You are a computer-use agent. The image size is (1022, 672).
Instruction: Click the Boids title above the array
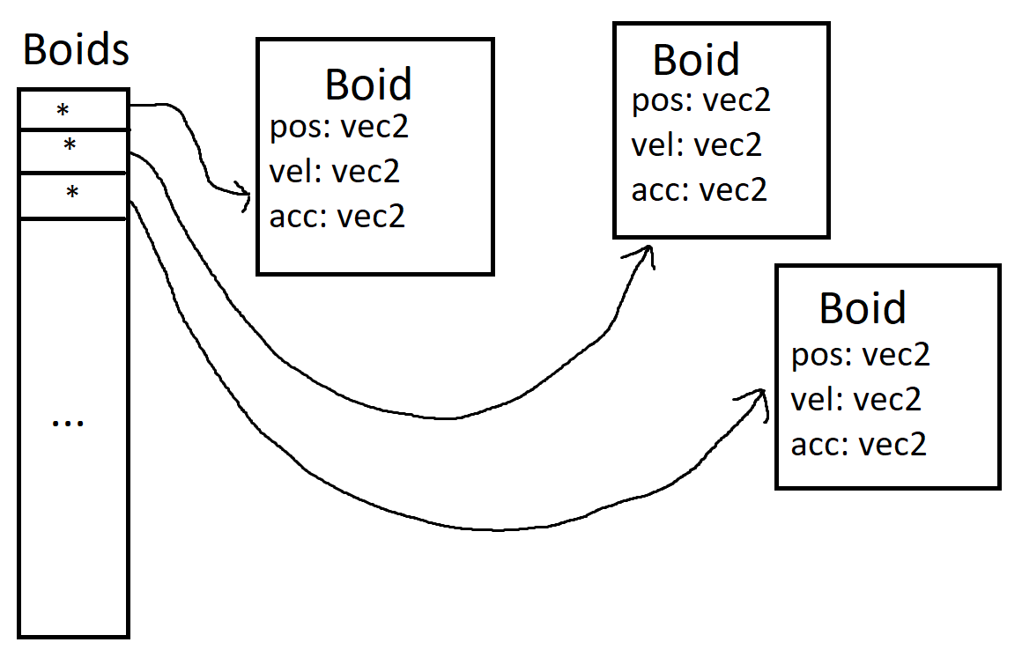click(76, 50)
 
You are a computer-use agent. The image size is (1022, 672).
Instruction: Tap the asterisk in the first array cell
click(63, 111)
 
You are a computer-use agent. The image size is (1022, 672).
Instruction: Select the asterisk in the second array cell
click(69, 145)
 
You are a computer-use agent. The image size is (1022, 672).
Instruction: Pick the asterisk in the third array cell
click(72, 192)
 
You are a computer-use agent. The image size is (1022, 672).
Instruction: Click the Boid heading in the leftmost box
click(368, 85)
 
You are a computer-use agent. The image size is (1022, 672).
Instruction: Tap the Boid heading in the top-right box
click(696, 60)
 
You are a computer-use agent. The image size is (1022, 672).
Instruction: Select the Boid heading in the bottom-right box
click(863, 308)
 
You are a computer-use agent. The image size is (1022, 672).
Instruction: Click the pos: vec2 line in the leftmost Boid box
click(339, 129)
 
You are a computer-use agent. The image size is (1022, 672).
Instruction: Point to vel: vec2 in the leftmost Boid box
click(335, 171)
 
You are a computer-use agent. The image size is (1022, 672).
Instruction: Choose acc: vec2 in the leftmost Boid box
click(337, 215)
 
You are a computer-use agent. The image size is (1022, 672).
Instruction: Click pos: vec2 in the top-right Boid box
click(701, 100)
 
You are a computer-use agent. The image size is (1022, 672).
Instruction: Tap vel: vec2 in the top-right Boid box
click(696, 144)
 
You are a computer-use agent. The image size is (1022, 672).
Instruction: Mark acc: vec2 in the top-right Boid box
click(700, 189)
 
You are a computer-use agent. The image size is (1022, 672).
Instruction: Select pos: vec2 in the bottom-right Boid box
click(861, 355)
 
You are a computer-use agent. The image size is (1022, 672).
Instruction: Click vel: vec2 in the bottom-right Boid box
click(856, 399)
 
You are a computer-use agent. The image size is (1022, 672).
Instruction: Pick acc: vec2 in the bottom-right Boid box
click(859, 444)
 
